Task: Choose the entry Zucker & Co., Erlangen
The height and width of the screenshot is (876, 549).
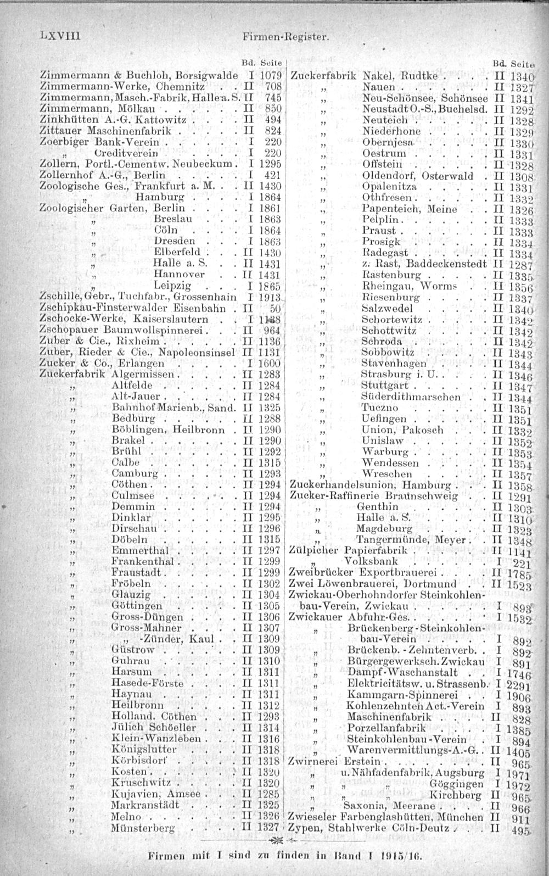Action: [102, 364]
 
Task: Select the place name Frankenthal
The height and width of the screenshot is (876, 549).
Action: [142, 561]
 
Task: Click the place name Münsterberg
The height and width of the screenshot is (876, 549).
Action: [143, 828]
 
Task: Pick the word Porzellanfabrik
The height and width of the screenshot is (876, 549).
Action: [379, 728]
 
